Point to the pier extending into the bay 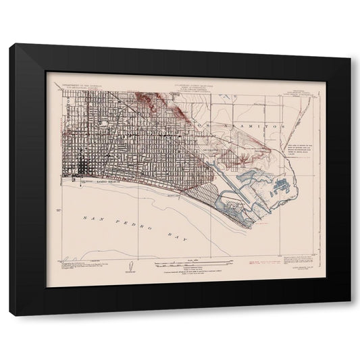tap(83, 185)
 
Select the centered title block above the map tap(182, 86)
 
